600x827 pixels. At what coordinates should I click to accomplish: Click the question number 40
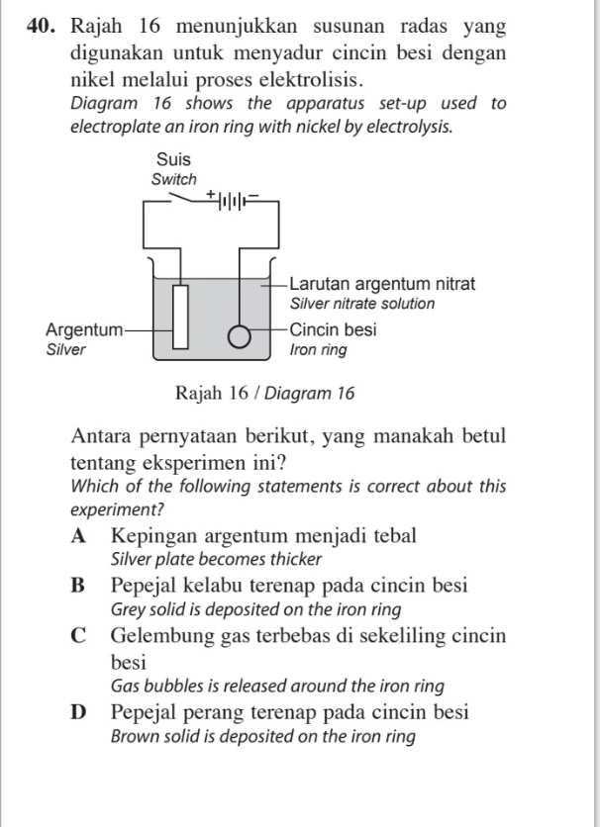(x=43, y=26)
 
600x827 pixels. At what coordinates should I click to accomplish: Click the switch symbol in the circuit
(x=182, y=200)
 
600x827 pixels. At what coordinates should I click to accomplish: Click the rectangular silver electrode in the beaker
(x=181, y=316)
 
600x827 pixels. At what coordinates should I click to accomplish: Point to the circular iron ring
(x=240, y=337)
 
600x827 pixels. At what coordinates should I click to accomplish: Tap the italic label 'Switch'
(x=174, y=180)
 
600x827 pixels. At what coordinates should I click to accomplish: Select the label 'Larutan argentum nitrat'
(x=381, y=284)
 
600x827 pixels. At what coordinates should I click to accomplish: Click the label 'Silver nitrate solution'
(x=360, y=304)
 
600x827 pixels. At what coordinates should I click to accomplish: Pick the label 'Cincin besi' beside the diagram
(x=332, y=328)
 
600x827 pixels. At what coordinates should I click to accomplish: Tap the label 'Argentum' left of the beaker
(x=85, y=328)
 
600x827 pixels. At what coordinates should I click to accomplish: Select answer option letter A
(x=78, y=536)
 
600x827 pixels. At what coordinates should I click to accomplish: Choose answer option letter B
(x=78, y=585)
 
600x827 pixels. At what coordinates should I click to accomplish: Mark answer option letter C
(x=79, y=635)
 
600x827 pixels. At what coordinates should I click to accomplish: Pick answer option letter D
(x=79, y=712)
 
